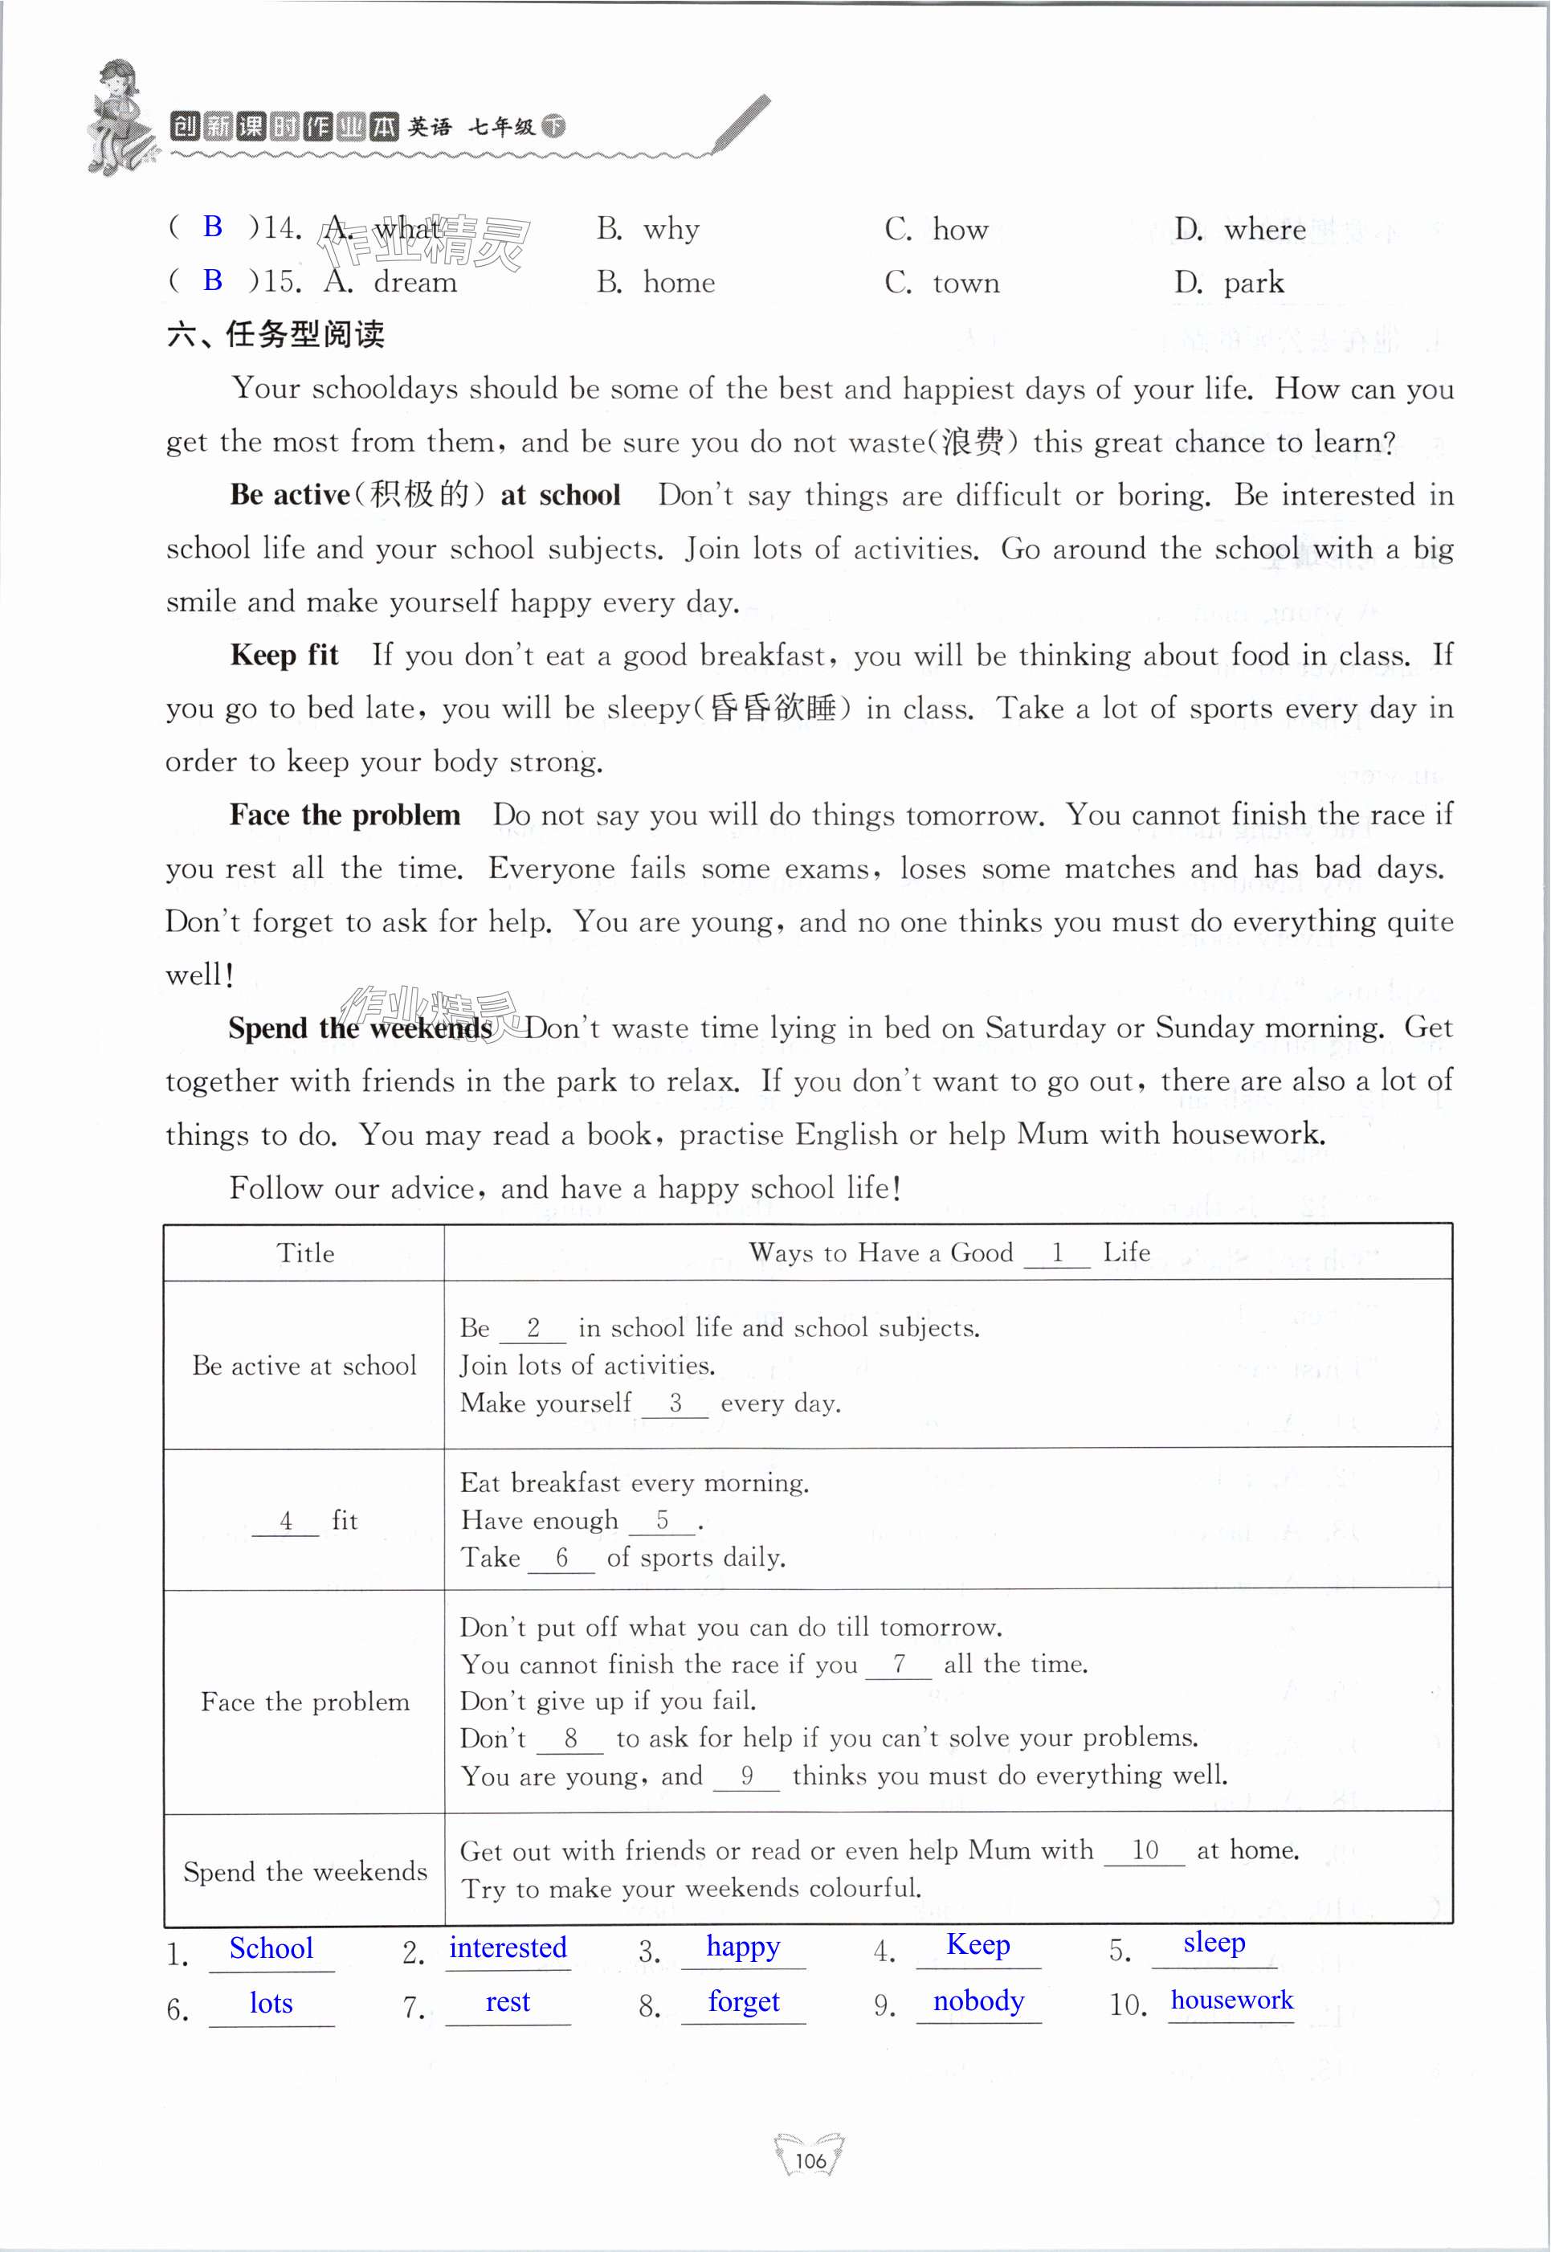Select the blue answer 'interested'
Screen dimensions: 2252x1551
coord(508,1947)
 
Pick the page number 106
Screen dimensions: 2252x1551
coord(810,2160)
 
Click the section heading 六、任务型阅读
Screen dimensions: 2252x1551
coord(276,334)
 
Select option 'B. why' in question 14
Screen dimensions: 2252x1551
coord(648,230)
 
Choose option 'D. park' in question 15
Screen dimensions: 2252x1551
coord(1228,283)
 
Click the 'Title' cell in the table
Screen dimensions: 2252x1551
coord(305,1253)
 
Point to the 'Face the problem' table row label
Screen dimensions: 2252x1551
coord(305,1702)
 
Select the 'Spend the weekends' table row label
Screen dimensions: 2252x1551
coord(305,1871)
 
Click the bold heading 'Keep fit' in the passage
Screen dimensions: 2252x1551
coord(284,655)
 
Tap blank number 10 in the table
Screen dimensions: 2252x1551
coord(1144,1849)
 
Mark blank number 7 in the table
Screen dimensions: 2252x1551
coord(899,1664)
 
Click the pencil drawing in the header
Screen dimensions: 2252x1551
coord(740,124)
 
